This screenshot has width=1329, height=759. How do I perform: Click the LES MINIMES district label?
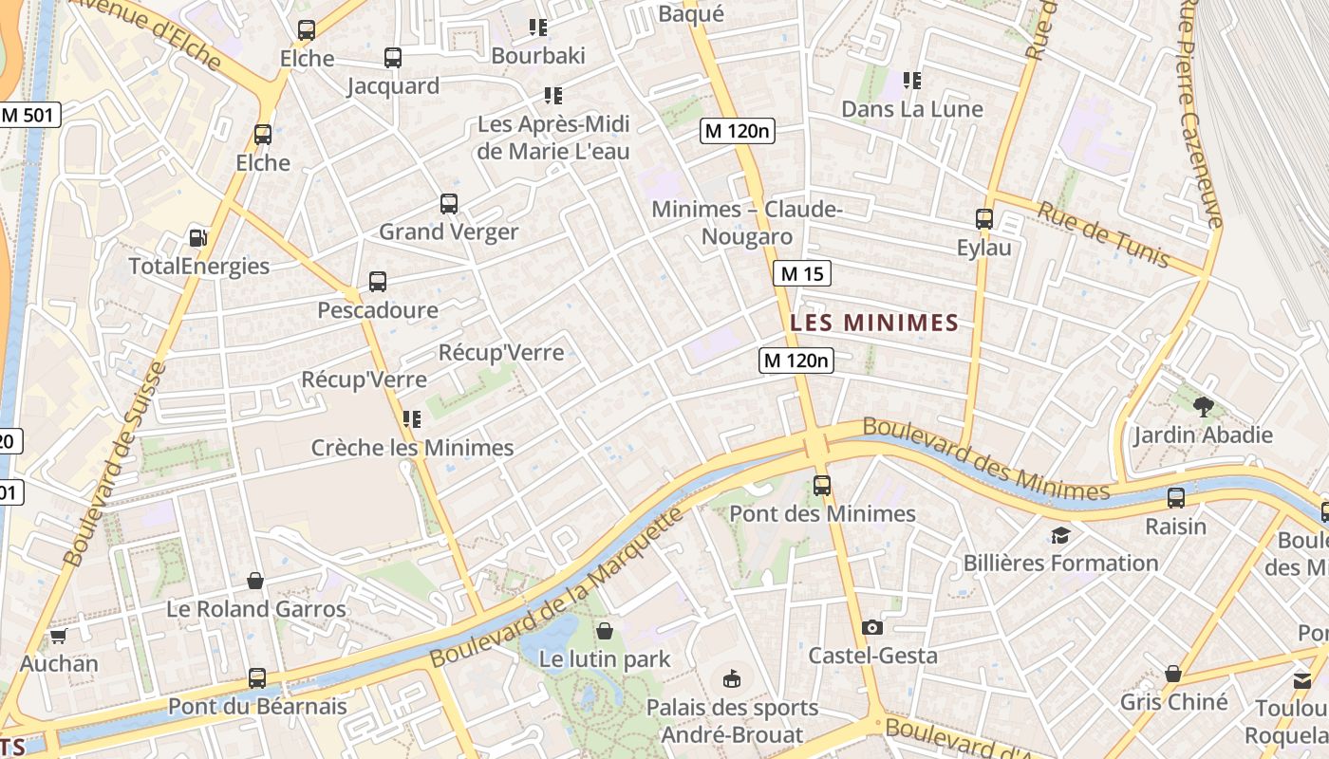click(x=874, y=323)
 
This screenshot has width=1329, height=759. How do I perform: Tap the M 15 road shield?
click(x=801, y=274)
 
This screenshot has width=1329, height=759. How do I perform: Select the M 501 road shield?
click(x=29, y=116)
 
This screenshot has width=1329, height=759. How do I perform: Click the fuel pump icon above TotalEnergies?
click(x=197, y=238)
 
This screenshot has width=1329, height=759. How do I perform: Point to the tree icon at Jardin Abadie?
click(x=1203, y=407)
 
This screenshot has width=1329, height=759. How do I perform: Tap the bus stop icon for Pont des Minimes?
click(x=822, y=486)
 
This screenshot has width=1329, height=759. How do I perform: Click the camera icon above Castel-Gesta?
click(x=871, y=627)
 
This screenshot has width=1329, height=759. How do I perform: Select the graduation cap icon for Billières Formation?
click(x=1060, y=535)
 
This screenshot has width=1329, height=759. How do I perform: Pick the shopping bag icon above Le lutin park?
click(x=604, y=630)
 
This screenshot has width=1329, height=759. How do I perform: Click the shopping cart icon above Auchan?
click(x=58, y=635)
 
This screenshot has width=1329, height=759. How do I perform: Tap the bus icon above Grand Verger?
click(x=448, y=204)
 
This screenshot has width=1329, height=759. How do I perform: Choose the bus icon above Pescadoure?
click(x=377, y=282)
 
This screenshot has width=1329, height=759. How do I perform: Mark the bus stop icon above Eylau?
click(x=983, y=219)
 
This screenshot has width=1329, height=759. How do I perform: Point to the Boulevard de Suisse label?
click(x=116, y=465)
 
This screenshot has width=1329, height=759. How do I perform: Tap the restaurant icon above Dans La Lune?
click(x=911, y=81)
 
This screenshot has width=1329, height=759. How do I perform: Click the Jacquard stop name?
click(x=393, y=86)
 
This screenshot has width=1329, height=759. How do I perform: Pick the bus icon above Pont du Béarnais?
click(x=257, y=678)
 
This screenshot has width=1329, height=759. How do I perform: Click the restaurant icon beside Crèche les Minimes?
click(x=411, y=419)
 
